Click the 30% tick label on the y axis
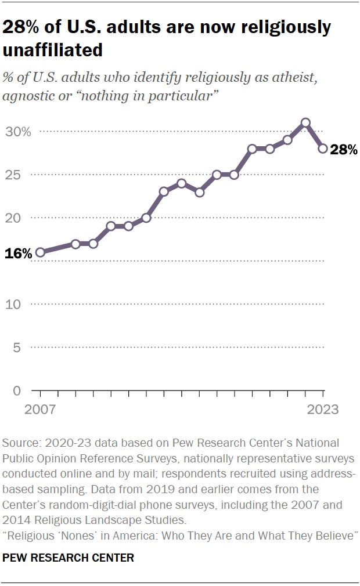coord(19,132)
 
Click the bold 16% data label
coord(19,254)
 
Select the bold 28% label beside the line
coord(343,150)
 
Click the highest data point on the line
coord(305,123)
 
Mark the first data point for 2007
coord(40,252)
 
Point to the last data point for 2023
coord(323,149)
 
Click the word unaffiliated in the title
coord(53,50)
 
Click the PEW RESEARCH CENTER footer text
coord(69,558)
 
